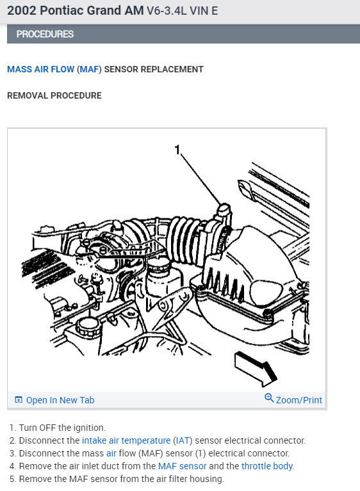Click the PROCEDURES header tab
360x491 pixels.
click(45, 34)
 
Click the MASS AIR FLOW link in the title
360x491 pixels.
click(40, 69)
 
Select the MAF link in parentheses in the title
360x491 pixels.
click(88, 69)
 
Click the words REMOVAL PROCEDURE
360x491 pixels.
click(54, 95)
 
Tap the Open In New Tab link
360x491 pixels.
click(60, 400)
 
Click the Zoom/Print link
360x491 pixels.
click(299, 400)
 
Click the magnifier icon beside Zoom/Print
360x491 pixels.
click(269, 398)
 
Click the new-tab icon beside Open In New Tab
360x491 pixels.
click(18, 400)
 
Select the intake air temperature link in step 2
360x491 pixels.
click(126, 440)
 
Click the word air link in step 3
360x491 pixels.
click(111, 453)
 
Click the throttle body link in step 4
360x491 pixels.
click(267, 466)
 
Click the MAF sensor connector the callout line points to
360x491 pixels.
click(222, 211)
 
